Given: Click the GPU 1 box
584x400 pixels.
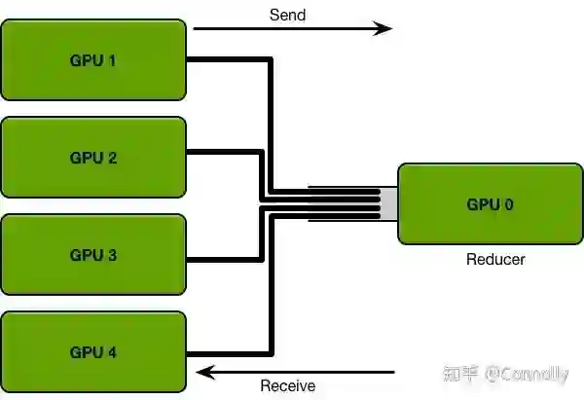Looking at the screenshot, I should pos(92,59).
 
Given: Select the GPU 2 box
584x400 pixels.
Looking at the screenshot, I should pos(92,158).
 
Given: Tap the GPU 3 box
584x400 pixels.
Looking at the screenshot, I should pos(92,255).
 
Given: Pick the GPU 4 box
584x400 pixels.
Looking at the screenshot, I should pos(92,351).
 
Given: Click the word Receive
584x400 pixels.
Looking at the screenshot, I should pos(287,386).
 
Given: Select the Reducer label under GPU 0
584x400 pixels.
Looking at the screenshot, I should pos(495,260).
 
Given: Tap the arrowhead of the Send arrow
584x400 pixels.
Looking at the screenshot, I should pos(384,29).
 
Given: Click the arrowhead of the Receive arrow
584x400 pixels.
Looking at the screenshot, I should pos(203,370).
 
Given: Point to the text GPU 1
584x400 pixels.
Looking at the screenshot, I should pos(92,59).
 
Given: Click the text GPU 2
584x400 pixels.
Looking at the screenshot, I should pos(92,158).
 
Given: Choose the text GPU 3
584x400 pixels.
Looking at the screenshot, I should pos(92,255).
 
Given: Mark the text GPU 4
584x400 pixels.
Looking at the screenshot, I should pos(92,351).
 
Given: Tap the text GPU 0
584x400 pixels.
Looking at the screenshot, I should pos(490,205).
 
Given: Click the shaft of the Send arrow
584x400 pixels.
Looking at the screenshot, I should pos(282,29).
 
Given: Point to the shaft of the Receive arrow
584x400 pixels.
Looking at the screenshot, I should pos(302,370).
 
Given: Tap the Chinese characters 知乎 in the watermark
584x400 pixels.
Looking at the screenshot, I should pos(461,373).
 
